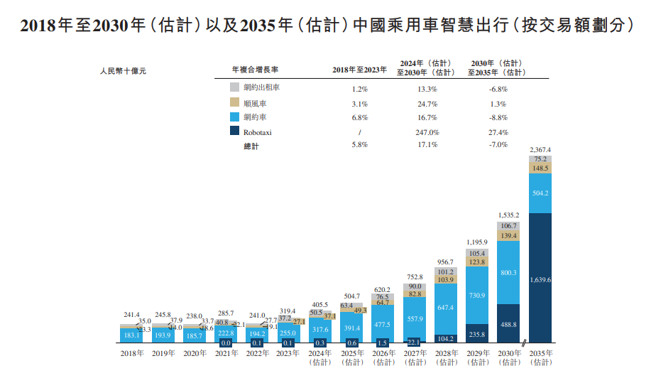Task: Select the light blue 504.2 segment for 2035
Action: point(540,193)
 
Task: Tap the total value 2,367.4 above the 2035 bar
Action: point(540,149)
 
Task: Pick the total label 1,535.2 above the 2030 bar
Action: point(508,214)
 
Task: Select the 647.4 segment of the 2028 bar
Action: point(446,308)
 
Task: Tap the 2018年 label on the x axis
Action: point(132,353)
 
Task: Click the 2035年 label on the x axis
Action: point(540,353)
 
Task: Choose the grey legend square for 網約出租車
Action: point(234,87)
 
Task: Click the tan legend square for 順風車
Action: point(234,102)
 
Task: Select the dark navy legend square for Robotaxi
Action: point(234,131)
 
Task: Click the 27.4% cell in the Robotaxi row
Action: point(498,132)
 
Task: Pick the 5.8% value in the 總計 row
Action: point(359,145)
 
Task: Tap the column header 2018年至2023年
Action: point(359,70)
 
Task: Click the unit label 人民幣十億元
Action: point(123,70)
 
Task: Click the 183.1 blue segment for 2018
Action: point(132,335)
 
